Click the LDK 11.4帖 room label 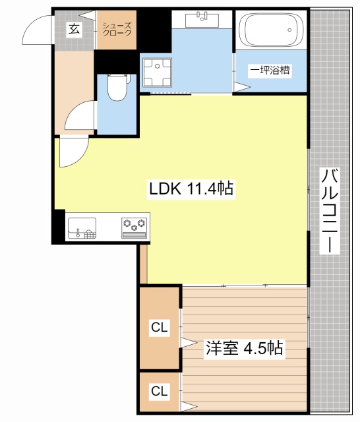(x=190, y=189)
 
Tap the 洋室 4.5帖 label (x=244, y=348)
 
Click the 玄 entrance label (x=74, y=29)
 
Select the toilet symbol (x=117, y=88)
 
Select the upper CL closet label (x=158, y=327)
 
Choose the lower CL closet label (x=158, y=392)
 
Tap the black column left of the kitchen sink (x=59, y=226)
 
